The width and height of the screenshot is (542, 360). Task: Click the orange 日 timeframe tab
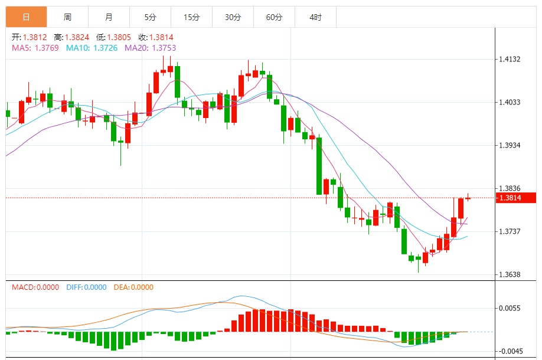click(x=27, y=17)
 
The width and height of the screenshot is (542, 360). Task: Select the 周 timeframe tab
click(x=68, y=17)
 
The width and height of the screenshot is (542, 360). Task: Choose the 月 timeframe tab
click(x=109, y=17)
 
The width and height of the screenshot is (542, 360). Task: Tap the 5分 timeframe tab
click(x=151, y=17)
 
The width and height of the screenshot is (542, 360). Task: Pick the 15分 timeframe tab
click(x=192, y=17)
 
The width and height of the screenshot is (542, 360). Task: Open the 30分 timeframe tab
click(x=233, y=17)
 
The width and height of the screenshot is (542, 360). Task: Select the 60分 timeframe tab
click(x=275, y=17)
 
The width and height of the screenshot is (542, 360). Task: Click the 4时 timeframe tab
click(x=316, y=17)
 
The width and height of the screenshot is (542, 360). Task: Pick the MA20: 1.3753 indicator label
click(x=150, y=48)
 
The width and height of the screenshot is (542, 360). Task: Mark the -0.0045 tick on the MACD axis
click(x=510, y=351)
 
